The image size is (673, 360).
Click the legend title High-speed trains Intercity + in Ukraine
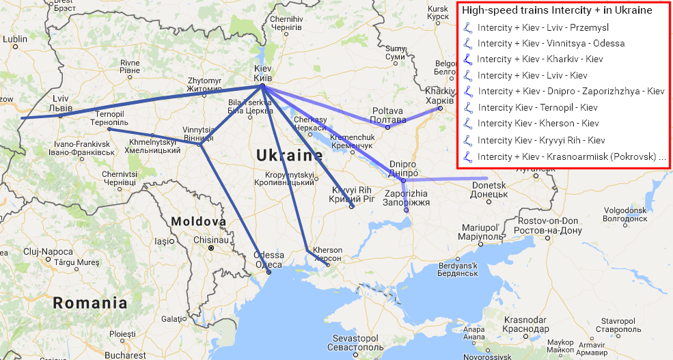[x=557, y=11]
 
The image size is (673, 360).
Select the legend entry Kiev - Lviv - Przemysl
[x=543, y=28]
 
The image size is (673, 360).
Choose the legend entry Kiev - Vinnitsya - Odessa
[x=551, y=44]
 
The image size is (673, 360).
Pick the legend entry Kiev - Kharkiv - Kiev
[x=540, y=59]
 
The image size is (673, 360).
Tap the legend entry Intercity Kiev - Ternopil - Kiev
[x=538, y=107]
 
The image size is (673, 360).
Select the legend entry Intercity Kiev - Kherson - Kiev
[x=538, y=123]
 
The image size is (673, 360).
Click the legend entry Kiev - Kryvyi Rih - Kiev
[x=541, y=139]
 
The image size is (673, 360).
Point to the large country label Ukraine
[x=289, y=156]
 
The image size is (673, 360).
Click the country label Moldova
[x=198, y=222]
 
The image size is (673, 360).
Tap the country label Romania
[x=90, y=303]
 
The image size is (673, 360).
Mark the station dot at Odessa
[x=269, y=272]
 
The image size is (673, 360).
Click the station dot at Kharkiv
[x=441, y=107]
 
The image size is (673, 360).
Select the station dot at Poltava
[x=387, y=126]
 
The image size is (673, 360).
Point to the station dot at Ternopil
[x=109, y=129]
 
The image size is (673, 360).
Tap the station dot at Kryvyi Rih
[x=351, y=206]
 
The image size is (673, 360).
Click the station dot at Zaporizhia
[x=406, y=210]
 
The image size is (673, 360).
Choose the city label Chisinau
[x=212, y=240]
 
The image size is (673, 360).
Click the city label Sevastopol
[x=355, y=339]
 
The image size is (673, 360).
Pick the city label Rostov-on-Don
[x=548, y=221]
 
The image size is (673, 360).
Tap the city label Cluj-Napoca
[x=47, y=251]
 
